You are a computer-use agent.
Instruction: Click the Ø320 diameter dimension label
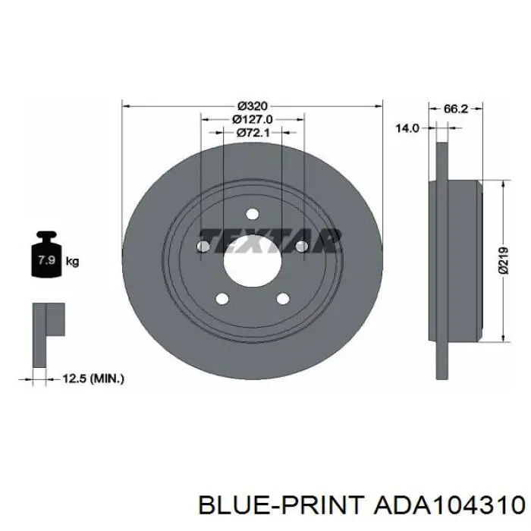point(253,106)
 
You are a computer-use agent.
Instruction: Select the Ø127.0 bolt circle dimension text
point(253,119)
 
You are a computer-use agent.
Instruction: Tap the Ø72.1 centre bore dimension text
point(253,133)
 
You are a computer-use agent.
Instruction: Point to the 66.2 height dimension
point(455,108)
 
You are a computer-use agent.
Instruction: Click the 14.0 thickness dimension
point(407,128)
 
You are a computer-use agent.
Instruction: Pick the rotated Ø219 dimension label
point(504,260)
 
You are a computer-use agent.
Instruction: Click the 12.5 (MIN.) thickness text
point(93,379)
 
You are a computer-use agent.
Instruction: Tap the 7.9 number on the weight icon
point(46,260)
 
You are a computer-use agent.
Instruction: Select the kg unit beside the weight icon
point(73,262)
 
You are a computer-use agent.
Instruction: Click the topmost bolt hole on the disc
point(253,214)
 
